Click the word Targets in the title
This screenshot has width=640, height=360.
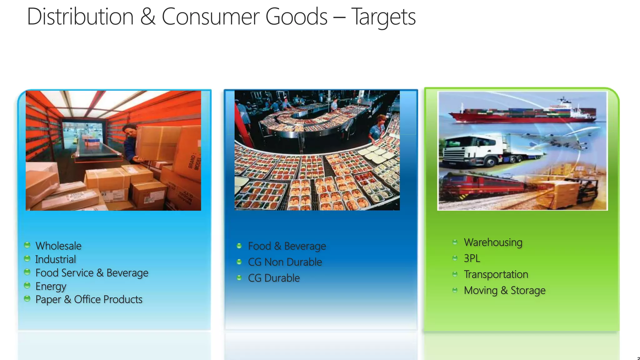tap(383, 17)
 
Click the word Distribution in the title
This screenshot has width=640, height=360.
tap(80, 17)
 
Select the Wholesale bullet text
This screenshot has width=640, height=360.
tap(58, 246)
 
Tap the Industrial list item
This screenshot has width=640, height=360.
tap(56, 259)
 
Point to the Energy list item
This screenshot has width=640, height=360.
tap(51, 286)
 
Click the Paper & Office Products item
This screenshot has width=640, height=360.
tap(89, 299)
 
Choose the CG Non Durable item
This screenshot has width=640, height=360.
tap(285, 262)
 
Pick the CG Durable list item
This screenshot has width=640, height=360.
tap(274, 278)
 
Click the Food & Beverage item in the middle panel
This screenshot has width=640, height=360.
tap(287, 246)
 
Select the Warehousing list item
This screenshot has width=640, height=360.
tap(493, 242)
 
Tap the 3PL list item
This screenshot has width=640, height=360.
tap(472, 258)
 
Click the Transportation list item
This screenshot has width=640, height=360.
tap(496, 274)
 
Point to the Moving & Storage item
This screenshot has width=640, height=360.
tap(505, 290)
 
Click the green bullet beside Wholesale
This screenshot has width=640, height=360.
tap(27, 245)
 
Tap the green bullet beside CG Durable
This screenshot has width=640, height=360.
tap(239, 278)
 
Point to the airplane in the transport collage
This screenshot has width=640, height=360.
tap(559, 141)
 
